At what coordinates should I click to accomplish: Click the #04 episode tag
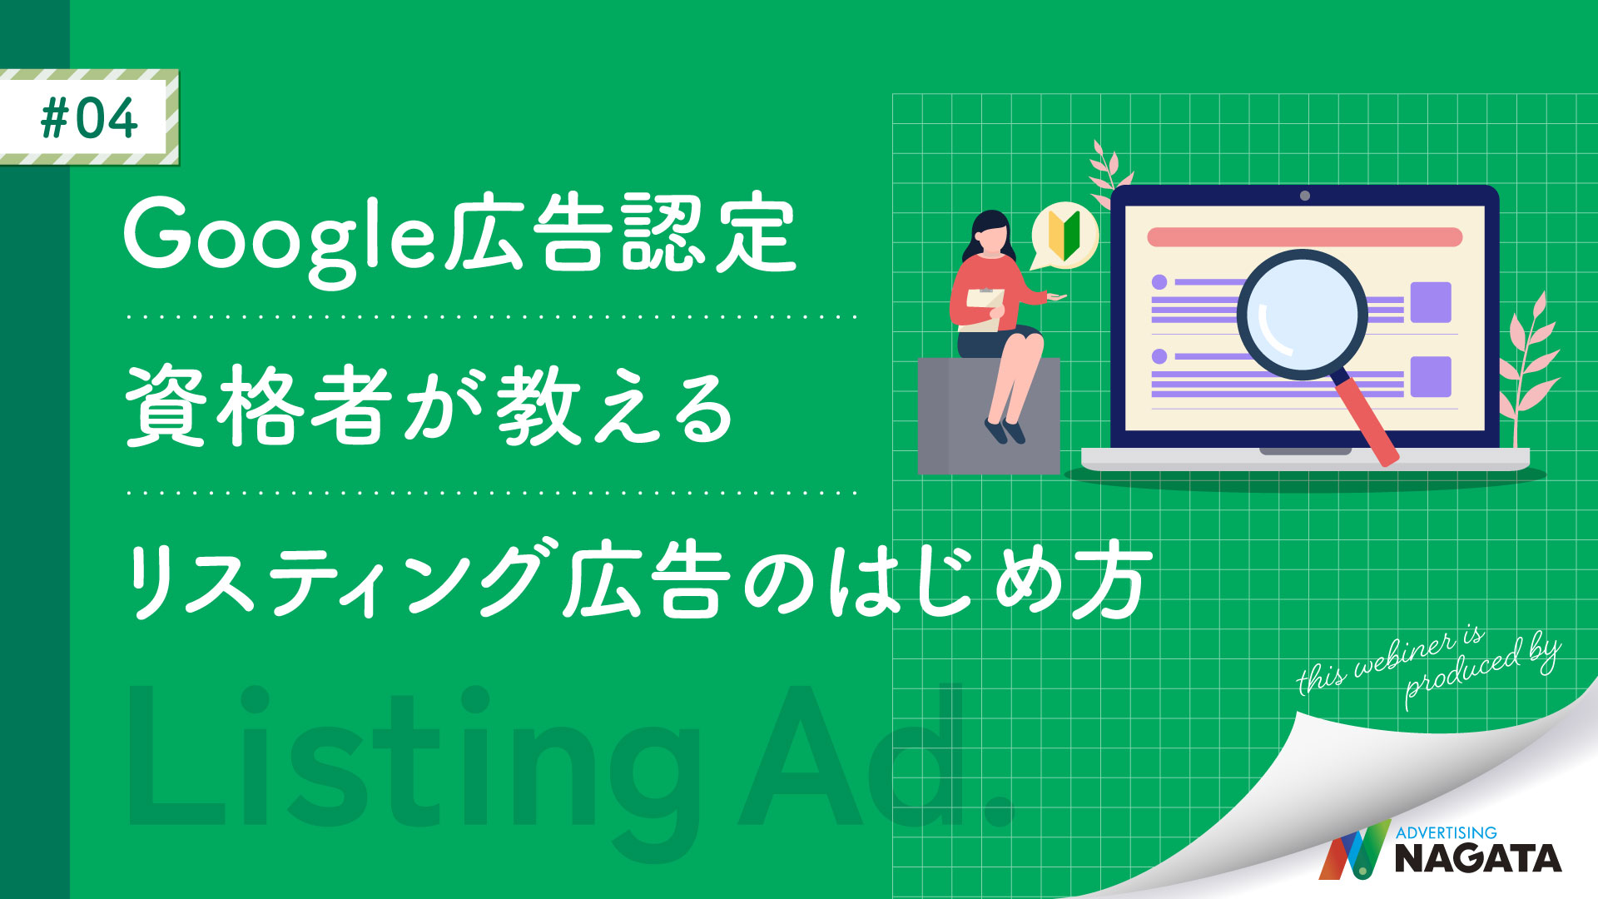(89, 117)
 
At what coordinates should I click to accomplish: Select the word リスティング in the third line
(334, 579)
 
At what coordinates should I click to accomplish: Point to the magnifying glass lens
(1302, 315)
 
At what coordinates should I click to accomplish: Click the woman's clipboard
(983, 308)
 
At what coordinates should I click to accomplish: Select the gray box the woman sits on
(988, 415)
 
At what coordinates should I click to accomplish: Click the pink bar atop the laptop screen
(1304, 237)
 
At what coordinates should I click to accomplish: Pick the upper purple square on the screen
(1431, 302)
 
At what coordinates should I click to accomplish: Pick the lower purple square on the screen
(1431, 377)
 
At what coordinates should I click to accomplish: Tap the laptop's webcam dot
(1304, 196)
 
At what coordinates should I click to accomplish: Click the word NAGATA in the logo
(1477, 858)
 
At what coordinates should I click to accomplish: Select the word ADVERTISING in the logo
(1446, 832)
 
